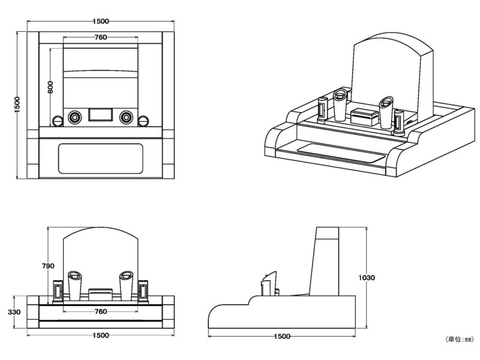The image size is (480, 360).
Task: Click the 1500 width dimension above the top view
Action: (101, 22)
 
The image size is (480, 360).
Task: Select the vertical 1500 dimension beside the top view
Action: (17, 104)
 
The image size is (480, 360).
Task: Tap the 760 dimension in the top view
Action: (101, 37)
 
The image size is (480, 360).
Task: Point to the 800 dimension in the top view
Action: (51, 87)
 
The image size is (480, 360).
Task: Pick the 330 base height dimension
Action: (16, 312)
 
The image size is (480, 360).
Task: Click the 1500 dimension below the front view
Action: (101, 335)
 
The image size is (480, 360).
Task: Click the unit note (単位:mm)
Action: (459, 340)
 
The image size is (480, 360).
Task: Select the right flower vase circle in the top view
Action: (126, 116)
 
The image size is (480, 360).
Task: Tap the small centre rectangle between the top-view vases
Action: (101, 115)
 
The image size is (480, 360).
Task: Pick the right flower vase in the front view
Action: (126, 285)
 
